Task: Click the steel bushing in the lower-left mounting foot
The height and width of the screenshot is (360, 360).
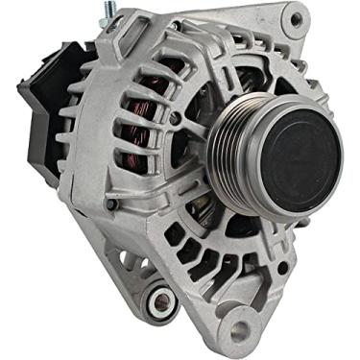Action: [154, 306]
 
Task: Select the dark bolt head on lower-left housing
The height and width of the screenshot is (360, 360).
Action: [111, 204]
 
